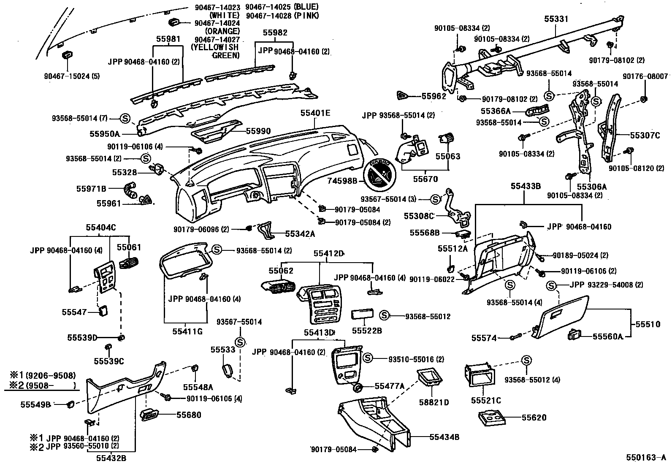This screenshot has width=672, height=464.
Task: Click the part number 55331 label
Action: pos(556,19)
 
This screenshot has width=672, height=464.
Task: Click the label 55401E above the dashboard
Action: pos(315,113)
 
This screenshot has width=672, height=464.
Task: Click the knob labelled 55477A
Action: pos(359,388)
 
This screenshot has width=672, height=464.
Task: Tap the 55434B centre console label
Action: pos(444,437)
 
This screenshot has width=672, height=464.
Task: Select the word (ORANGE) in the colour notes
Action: pos(222,31)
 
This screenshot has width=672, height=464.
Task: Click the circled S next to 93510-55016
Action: pos(368,358)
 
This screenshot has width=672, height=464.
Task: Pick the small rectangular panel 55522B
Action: pos(361,316)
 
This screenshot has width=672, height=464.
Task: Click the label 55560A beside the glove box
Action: pos(607,336)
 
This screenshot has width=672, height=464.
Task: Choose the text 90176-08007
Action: pos(645,76)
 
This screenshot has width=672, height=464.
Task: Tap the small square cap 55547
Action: pos(103,312)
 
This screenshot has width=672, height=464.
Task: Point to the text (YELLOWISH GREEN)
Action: pos(215,51)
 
